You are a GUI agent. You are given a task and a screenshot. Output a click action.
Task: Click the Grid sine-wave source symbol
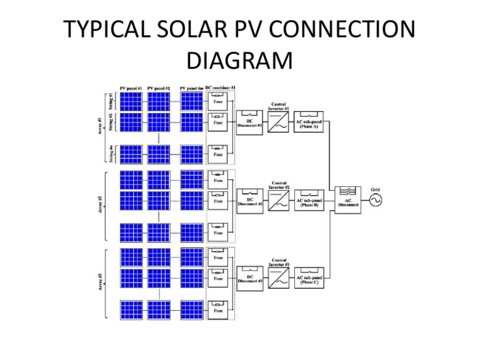(x=376, y=200)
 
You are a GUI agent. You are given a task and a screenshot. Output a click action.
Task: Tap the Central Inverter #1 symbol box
(x=278, y=120)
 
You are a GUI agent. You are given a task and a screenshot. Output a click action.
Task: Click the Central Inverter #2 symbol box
(x=278, y=200)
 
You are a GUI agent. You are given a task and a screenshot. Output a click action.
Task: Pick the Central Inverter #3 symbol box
(x=278, y=278)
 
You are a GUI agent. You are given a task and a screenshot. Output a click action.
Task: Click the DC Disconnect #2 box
(x=249, y=200)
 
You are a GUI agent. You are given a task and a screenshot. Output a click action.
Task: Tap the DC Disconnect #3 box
(x=249, y=278)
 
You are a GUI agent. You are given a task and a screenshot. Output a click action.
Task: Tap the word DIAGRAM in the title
(x=239, y=61)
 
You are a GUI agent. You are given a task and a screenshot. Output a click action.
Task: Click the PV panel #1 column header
(x=131, y=88)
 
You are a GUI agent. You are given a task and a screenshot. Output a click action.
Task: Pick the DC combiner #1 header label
(x=221, y=87)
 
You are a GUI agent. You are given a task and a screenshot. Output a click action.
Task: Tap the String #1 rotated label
(x=111, y=100)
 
